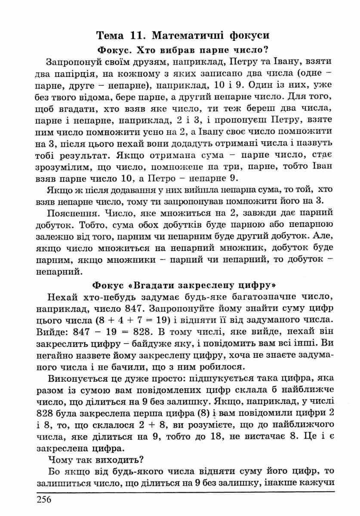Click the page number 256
coord(44,499)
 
